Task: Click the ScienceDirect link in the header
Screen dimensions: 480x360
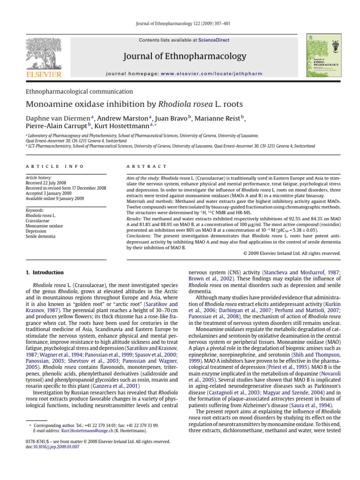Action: click(x=214, y=40)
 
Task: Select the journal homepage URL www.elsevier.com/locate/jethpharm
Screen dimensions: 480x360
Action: click(x=202, y=74)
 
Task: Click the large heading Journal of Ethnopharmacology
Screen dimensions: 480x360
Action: click(x=184, y=56)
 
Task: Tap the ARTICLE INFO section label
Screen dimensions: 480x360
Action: click(x=55, y=166)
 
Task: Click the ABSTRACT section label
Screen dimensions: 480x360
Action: click(x=147, y=166)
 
